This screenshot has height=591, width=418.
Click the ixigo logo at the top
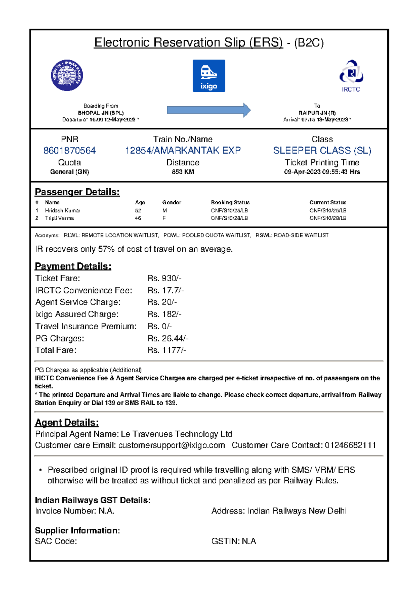coord(209,76)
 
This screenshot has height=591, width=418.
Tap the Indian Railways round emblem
coord(67,75)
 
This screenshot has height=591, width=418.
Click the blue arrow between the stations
coord(209,110)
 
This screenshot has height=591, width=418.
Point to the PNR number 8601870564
coord(69,150)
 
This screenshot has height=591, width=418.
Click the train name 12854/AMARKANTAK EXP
coord(183,150)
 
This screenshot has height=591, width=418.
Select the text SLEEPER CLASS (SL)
coord(322,150)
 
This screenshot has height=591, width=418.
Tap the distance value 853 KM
coord(183,172)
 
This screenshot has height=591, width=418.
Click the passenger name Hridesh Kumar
coord(62,211)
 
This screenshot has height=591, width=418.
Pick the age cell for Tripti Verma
coord(138,218)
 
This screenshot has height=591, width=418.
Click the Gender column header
coord(171,202)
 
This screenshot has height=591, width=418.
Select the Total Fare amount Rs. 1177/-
coord(167,350)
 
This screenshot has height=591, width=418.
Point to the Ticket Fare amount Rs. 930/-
coord(164,278)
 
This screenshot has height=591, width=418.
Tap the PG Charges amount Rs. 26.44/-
coord(168,338)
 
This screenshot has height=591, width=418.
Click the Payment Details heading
coord(73,266)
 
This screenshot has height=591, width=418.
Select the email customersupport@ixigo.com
coord(171,445)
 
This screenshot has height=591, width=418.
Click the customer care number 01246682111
coord(350,445)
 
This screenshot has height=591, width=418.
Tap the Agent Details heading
coord(67,423)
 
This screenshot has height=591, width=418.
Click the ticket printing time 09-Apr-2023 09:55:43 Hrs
coord(322,172)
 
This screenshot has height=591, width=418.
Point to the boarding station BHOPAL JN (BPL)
coord(101,113)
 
